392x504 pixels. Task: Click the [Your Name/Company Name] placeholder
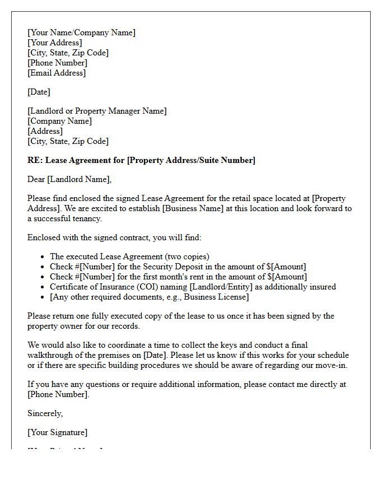tap(81, 32)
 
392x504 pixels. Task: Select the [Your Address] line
tap(54, 43)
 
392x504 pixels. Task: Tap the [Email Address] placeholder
tap(57, 73)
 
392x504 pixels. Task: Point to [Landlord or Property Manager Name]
tap(97, 111)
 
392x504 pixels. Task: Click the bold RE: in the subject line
tap(35, 160)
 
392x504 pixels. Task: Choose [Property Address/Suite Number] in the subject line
tap(191, 160)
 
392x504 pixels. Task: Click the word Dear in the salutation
tap(36, 179)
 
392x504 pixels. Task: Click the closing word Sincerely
tap(45, 413)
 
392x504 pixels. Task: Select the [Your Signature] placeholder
tap(57, 432)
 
